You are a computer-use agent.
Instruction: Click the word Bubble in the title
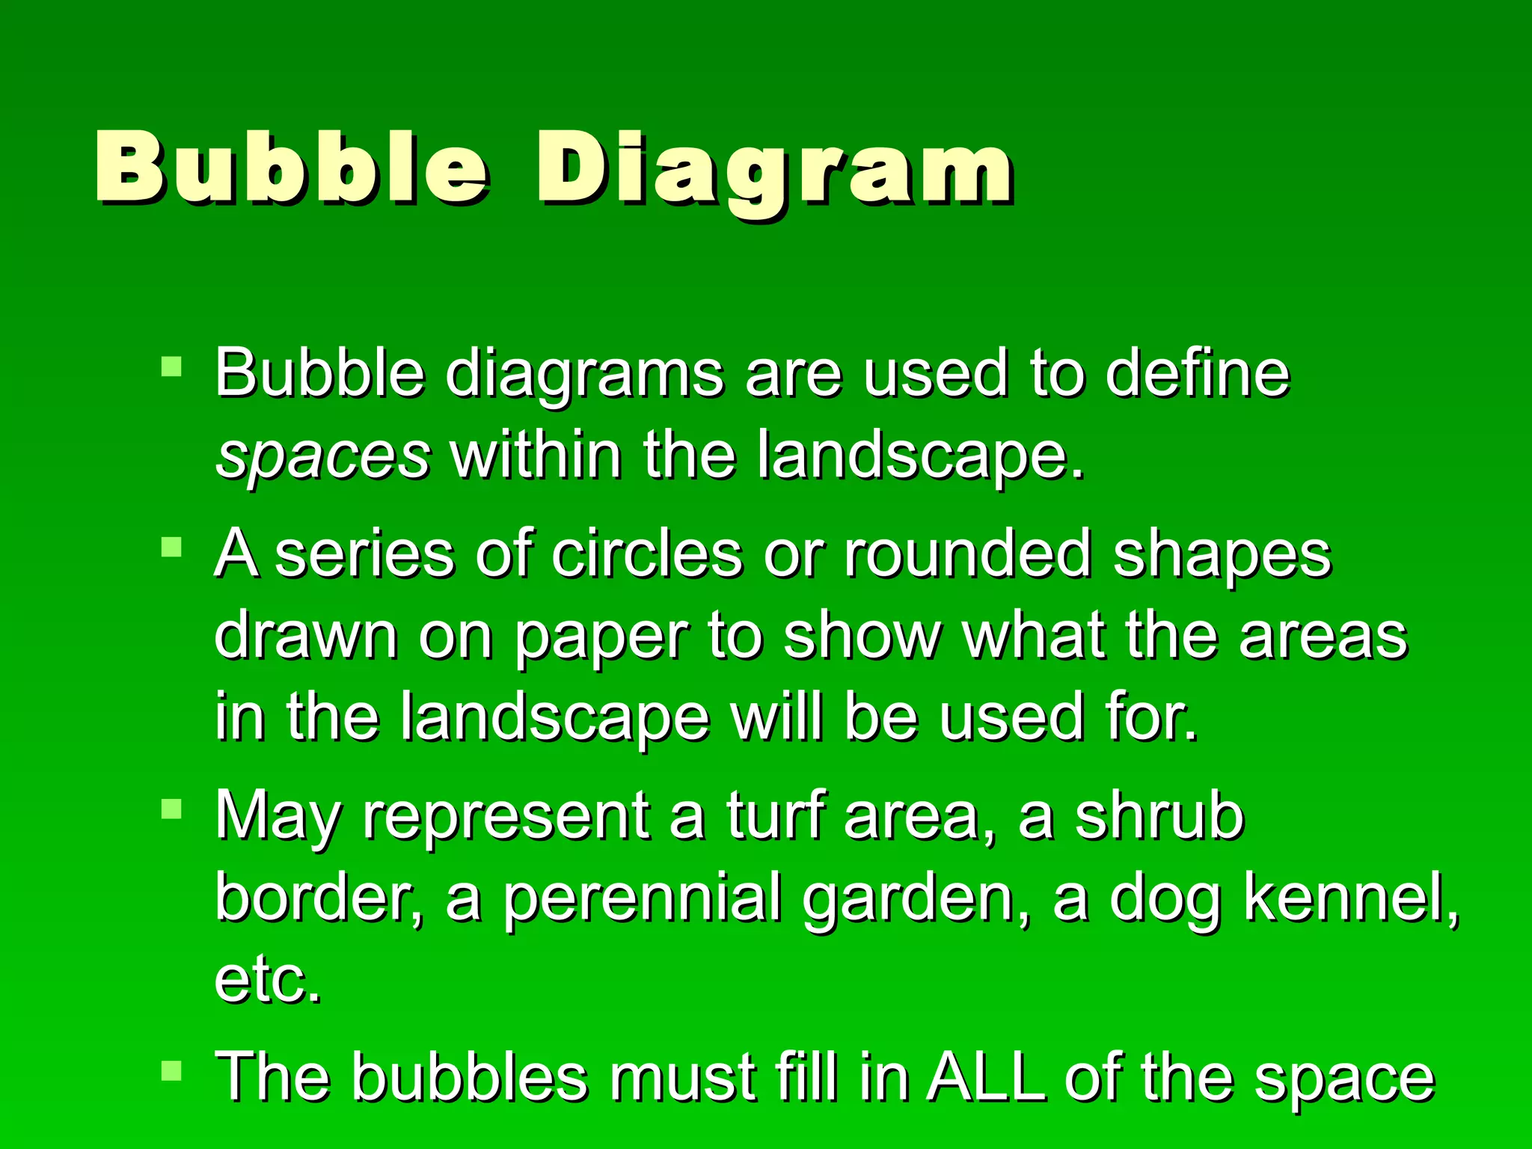coord(292,168)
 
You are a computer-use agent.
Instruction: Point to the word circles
coord(648,554)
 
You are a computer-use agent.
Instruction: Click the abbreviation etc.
coord(268,980)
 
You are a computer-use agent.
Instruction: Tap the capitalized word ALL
coord(985,1077)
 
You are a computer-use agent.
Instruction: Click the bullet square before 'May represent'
coord(172,809)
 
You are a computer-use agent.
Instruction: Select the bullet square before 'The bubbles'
coord(172,1070)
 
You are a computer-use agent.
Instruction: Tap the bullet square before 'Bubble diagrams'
coord(172,366)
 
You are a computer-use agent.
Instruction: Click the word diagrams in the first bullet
coord(584,373)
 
